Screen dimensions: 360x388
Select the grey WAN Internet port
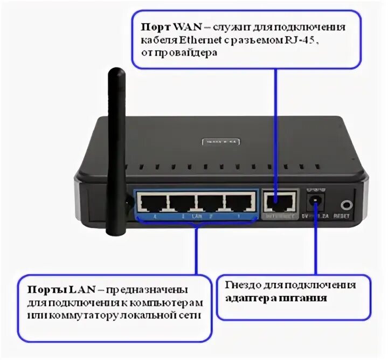click(279, 203)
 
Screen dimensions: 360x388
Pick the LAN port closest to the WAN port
click(238, 204)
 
